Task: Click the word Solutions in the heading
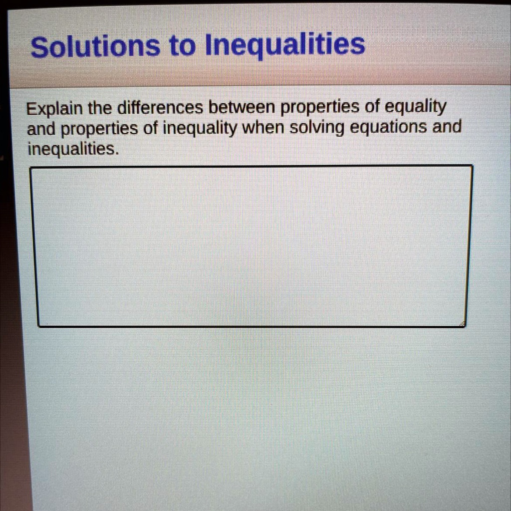click(x=95, y=47)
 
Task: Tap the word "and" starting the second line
click(x=42, y=129)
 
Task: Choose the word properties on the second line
click(x=99, y=130)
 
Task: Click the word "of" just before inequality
click(x=149, y=129)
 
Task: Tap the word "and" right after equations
click(x=447, y=127)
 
